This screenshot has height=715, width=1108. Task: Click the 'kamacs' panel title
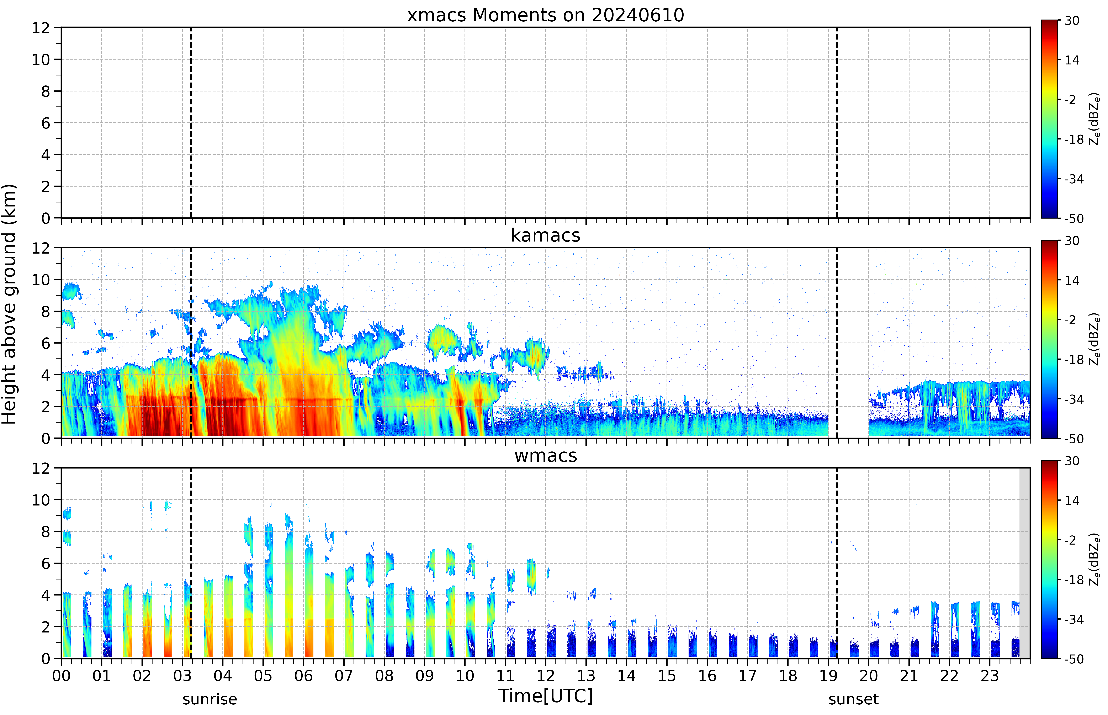pyautogui.click(x=545, y=235)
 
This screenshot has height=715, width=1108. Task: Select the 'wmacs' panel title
pyautogui.click(x=545, y=456)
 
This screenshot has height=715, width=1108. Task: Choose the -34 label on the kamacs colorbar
pyautogui.click(x=1074, y=399)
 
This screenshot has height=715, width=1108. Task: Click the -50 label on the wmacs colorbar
pyautogui.click(x=1074, y=659)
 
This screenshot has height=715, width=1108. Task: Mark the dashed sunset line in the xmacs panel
pyautogui.click(x=837, y=123)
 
